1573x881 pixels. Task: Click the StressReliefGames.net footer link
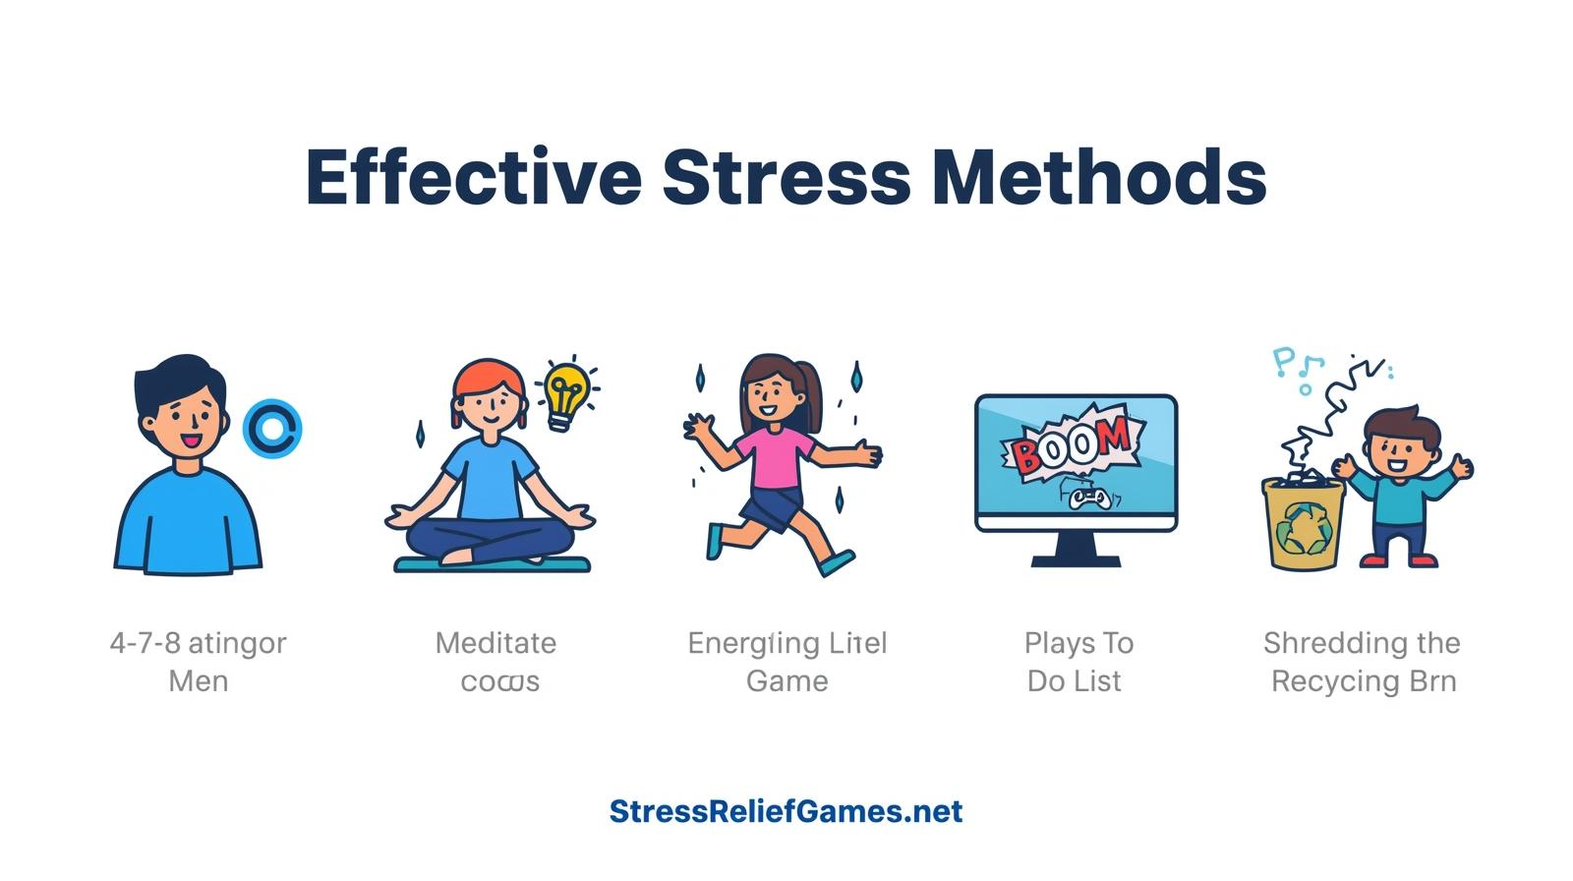point(786,811)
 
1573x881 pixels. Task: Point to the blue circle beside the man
point(271,429)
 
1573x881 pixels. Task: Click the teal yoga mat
point(492,564)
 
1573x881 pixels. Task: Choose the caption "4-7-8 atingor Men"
point(198,662)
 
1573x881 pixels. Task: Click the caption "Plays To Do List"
point(1078,662)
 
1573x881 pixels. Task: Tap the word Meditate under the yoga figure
point(495,644)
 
